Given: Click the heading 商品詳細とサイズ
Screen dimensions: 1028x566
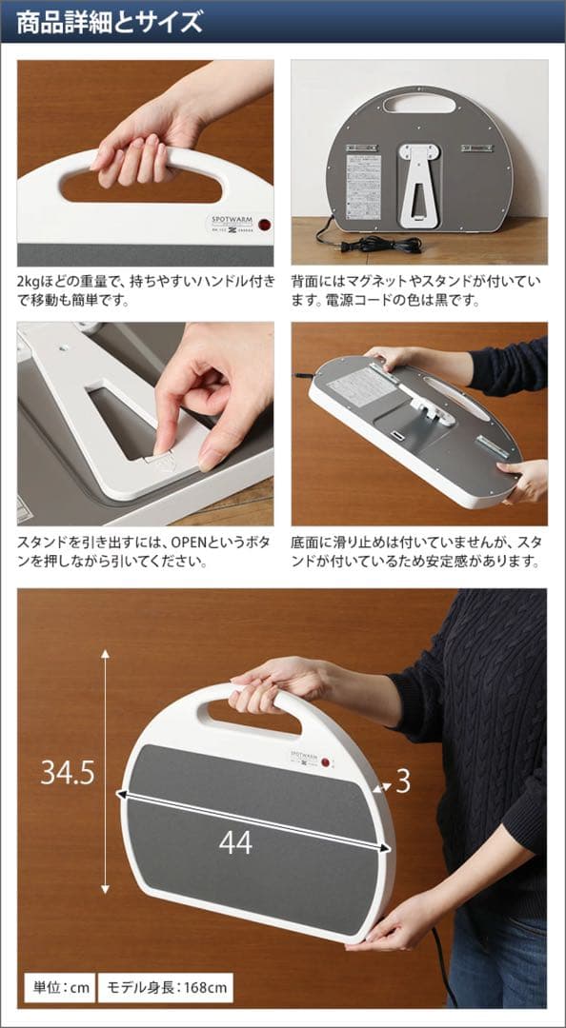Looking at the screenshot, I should coord(111,22).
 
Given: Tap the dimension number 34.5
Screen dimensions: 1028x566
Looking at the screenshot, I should coord(67,773).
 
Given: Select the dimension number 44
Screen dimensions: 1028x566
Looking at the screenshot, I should coord(235,841).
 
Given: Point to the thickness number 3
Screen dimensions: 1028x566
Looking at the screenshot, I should coord(402,781).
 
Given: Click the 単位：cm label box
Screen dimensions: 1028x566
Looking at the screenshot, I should coord(59,987).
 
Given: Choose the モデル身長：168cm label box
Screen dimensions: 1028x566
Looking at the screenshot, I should coord(165,987).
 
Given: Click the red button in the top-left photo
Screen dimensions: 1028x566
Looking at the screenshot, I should coord(263,226).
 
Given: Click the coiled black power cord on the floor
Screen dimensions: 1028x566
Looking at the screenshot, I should coord(386,245).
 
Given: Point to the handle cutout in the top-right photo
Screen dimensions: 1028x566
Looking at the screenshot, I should coord(419,103).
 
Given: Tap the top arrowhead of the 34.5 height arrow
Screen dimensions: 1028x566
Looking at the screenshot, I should coord(105,656).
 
